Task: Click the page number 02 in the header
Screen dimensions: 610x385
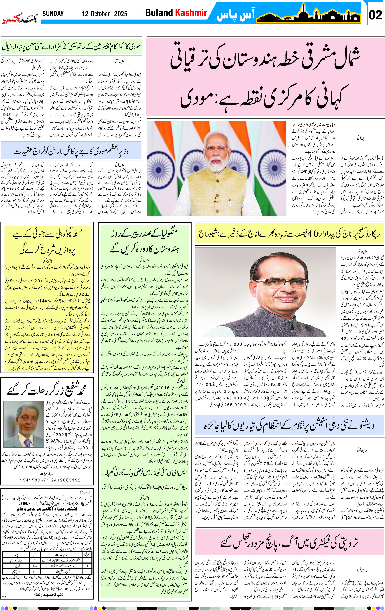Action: pyautogui.click(x=375, y=15)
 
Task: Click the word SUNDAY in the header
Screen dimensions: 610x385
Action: pyautogui.click(x=53, y=14)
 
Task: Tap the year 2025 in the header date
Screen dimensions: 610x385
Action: pyautogui.click(x=121, y=14)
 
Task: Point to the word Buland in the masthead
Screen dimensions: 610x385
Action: pyautogui.click(x=158, y=12)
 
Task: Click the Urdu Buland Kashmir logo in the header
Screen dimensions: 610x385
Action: pyautogui.click(x=20, y=18)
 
